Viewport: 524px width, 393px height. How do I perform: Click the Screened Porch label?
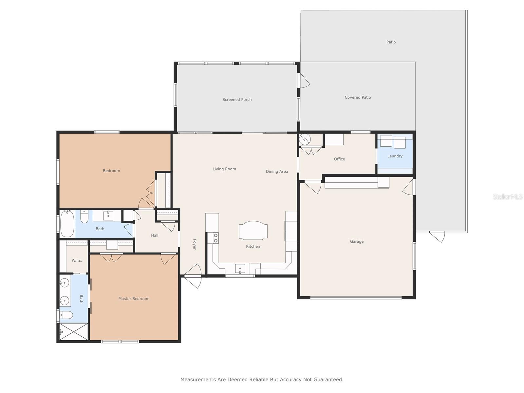pyautogui.click(x=237, y=100)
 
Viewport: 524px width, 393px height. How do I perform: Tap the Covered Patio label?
pyautogui.click(x=358, y=97)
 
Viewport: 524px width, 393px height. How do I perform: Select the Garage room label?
pyautogui.click(x=357, y=241)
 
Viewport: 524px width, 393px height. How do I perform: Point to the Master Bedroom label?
pyautogui.click(x=134, y=299)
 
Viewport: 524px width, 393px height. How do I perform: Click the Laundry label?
pyautogui.click(x=395, y=156)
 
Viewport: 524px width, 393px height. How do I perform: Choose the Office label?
pyautogui.click(x=339, y=159)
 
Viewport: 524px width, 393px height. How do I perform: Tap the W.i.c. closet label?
pyautogui.click(x=77, y=261)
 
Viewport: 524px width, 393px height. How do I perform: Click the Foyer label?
pyautogui.click(x=195, y=244)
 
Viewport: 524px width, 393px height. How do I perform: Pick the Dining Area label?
pyautogui.click(x=277, y=171)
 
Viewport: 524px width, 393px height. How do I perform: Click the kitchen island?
pyautogui.click(x=253, y=230)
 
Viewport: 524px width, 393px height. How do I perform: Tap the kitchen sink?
pyautogui.click(x=240, y=269)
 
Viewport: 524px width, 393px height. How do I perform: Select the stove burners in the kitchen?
pyautogui.click(x=215, y=238)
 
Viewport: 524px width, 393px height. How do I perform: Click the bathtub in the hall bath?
pyautogui.click(x=67, y=224)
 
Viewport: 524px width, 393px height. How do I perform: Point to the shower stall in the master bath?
pyautogui.click(x=74, y=332)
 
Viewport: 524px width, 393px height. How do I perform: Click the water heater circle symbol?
pyautogui.click(x=305, y=139)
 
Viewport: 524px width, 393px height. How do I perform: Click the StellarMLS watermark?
pyautogui.click(x=508, y=196)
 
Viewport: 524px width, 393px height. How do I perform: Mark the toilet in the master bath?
pyautogui.click(x=65, y=315)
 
